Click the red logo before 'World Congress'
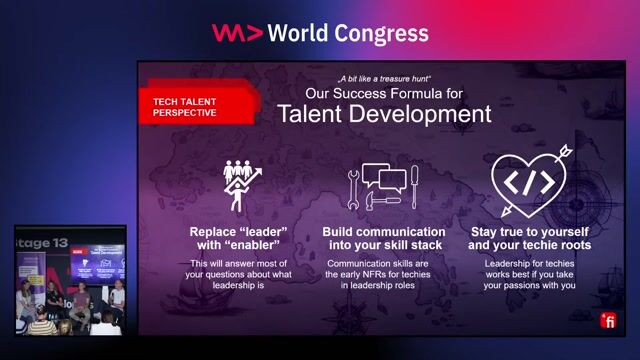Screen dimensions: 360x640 [x=237, y=33]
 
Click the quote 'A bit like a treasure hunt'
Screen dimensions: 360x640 [x=385, y=77]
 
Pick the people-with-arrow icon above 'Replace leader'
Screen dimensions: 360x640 [x=240, y=183]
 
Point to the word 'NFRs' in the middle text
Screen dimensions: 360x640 [x=373, y=274]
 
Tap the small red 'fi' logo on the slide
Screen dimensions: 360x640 [x=607, y=321]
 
